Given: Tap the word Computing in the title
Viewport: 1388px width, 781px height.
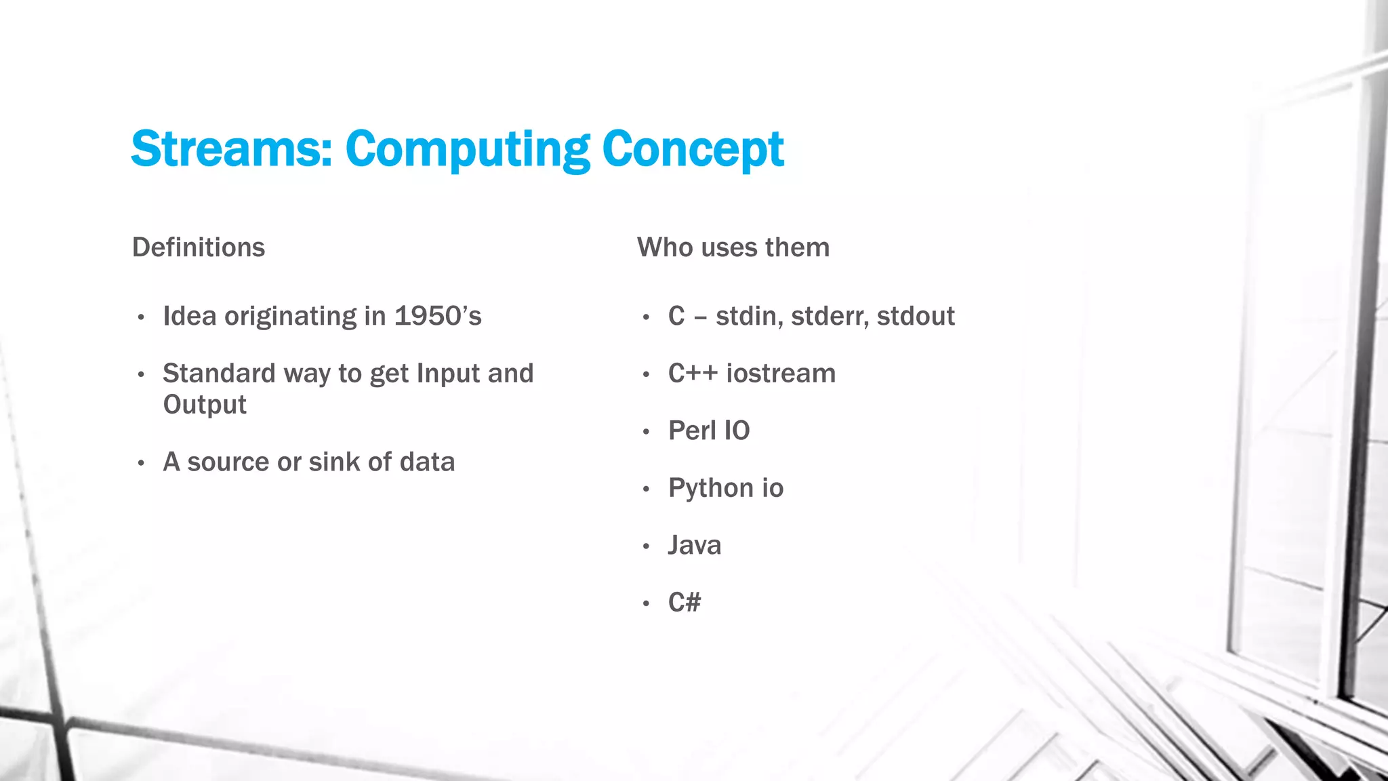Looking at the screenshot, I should [468, 148].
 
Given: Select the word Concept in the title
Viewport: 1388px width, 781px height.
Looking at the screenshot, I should [693, 148].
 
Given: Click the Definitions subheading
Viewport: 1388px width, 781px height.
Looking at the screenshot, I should [199, 247].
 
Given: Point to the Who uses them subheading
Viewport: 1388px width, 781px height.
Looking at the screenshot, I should [733, 247].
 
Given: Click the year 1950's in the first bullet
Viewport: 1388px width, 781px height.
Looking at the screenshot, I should [438, 316].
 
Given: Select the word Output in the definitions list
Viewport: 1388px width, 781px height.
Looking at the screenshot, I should [205, 405].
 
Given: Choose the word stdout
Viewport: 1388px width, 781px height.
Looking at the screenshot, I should [915, 316].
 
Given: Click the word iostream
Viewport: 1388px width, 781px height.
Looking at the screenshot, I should [781, 374].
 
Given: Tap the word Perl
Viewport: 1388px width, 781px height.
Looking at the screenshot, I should [691, 430].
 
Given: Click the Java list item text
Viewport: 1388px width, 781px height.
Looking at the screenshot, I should [695, 545].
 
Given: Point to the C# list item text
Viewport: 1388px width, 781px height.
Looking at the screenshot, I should [685, 602].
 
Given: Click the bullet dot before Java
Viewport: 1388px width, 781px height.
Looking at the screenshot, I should [647, 546].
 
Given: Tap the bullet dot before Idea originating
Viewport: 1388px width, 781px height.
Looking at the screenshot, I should [141, 317].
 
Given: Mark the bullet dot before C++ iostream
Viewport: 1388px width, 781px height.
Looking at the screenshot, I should [647, 374].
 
